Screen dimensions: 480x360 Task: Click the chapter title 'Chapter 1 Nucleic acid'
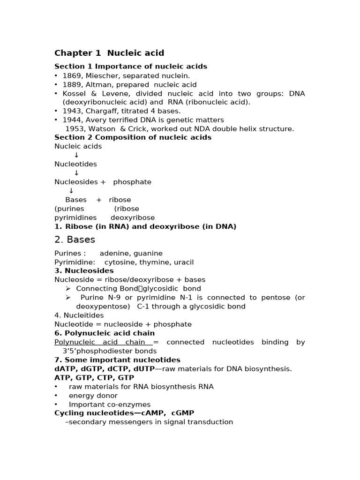[x=109, y=53]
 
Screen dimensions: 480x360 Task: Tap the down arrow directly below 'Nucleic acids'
[x=76, y=155]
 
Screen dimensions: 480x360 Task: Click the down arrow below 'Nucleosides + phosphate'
[x=71, y=191]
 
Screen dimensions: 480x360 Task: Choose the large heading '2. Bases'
[x=75, y=240]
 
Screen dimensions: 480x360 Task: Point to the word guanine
[x=149, y=253]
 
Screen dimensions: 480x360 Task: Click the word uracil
[x=183, y=262]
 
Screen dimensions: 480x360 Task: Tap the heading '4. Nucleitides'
[x=79, y=315]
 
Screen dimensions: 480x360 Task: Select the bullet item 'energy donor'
[x=93, y=396]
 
